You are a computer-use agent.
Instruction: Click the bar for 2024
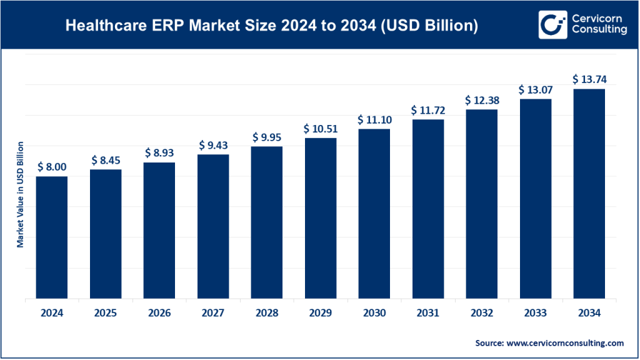point(52,237)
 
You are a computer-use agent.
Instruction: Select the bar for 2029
point(320,218)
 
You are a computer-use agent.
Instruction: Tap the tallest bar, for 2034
point(589,194)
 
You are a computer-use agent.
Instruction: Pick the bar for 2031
point(427,209)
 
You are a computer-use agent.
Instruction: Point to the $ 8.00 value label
point(52,167)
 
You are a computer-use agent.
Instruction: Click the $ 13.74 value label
point(589,79)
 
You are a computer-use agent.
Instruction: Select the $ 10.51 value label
point(320,129)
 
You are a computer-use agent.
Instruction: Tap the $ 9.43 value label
point(213,145)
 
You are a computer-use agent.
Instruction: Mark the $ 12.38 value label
point(481,100)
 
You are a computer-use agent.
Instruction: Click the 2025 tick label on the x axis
point(106,313)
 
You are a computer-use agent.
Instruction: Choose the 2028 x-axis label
point(267,313)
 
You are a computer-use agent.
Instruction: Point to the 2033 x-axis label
point(535,313)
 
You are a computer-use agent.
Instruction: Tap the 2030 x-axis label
point(374,313)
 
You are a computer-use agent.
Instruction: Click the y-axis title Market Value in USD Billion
point(20,194)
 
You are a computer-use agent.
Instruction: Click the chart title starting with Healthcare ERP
point(272,26)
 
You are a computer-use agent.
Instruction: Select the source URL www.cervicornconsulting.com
point(566,343)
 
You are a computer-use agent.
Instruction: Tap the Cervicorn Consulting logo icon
point(551,24)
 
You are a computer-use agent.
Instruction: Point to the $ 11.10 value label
point(374,119)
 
